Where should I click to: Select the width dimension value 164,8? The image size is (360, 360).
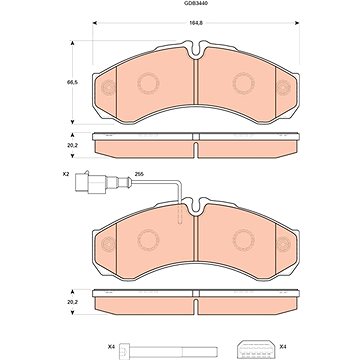click(x=194, y=23)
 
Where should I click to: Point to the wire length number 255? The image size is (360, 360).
click(x=138, y=174)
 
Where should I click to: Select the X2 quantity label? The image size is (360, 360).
click(x=66, y=174)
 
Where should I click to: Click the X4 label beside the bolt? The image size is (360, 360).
click(x=111, y=347)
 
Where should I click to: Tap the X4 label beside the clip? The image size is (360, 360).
click(x=283, y=347)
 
